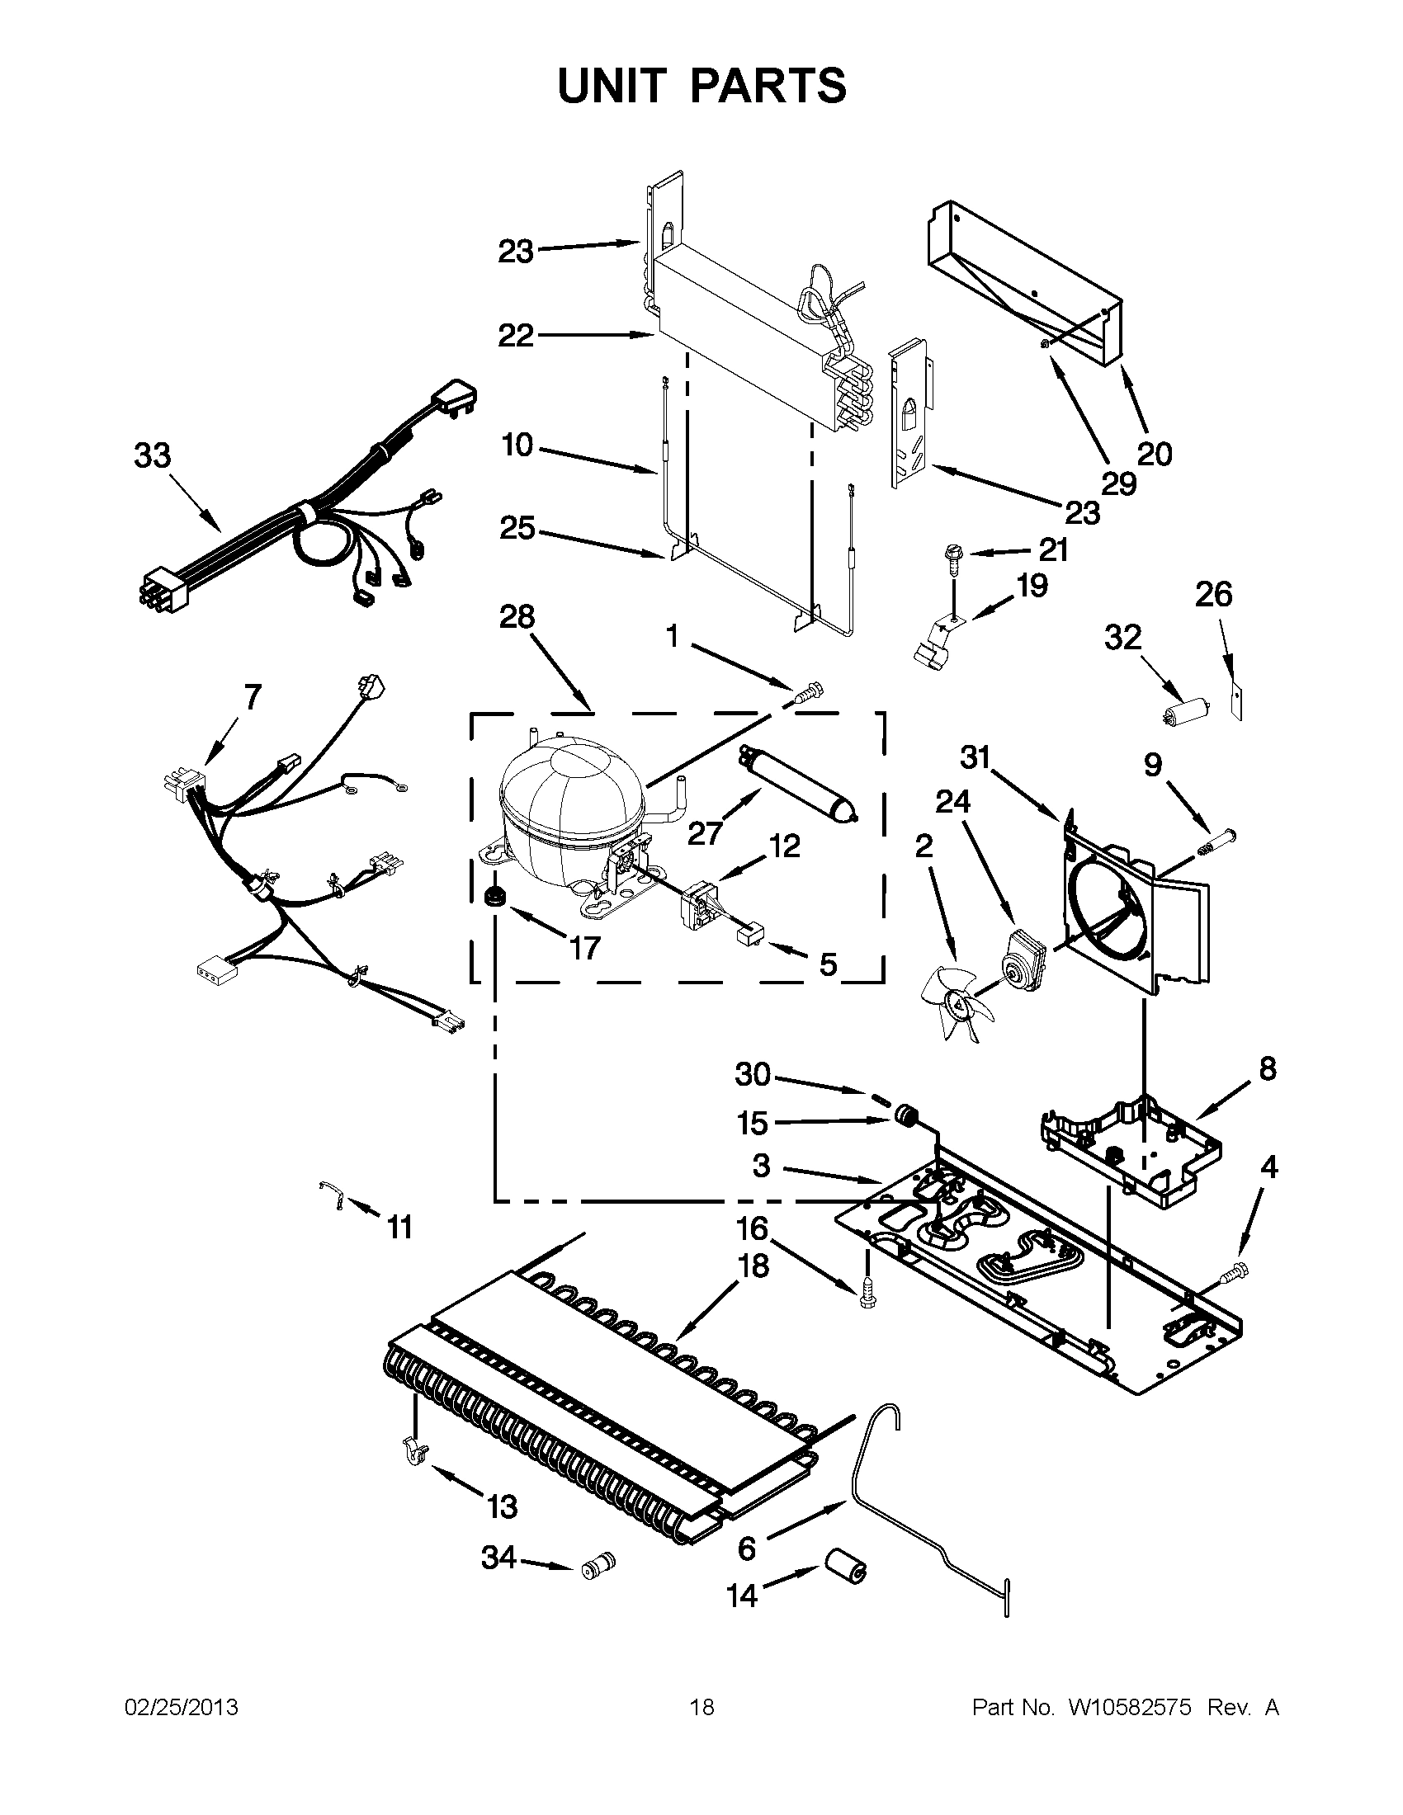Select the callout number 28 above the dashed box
517,616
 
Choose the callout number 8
1266,1069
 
